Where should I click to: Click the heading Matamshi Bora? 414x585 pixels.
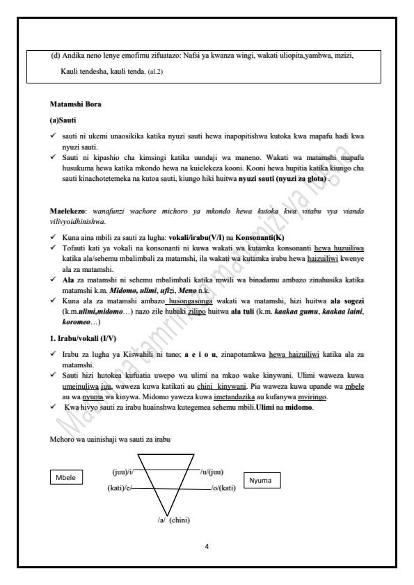pos(75,104)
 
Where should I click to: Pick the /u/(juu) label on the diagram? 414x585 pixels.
pos(212,472)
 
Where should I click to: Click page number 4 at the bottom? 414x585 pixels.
pos(207,546)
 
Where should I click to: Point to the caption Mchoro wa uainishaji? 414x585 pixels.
pos(106,440)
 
